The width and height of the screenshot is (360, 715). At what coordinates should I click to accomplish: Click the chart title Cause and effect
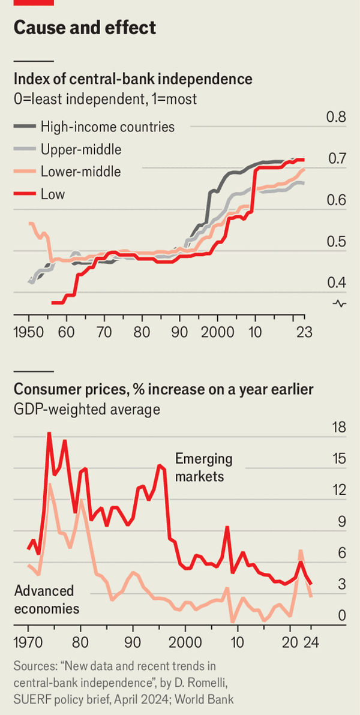click(84, 28)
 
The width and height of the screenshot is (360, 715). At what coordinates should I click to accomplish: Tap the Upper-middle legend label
click(81, 149)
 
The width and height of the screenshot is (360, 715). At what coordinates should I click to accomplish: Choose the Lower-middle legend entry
click(81, 172)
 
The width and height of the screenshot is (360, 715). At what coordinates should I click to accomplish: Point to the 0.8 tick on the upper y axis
click(336, 117)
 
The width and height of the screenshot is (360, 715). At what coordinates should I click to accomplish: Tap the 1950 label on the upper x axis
click(29, 332)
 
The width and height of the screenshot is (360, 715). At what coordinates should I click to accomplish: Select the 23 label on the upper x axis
click(304, 332)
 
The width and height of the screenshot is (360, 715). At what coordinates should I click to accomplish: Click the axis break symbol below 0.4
click(340, 304)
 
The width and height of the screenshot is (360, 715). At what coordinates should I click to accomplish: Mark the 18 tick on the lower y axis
click(339, 428)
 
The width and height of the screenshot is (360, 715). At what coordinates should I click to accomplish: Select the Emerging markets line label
click(203, 468)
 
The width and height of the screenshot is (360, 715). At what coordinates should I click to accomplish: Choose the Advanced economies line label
click(47, 600)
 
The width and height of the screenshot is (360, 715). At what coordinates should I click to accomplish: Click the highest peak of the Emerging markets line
click(49, 432)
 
